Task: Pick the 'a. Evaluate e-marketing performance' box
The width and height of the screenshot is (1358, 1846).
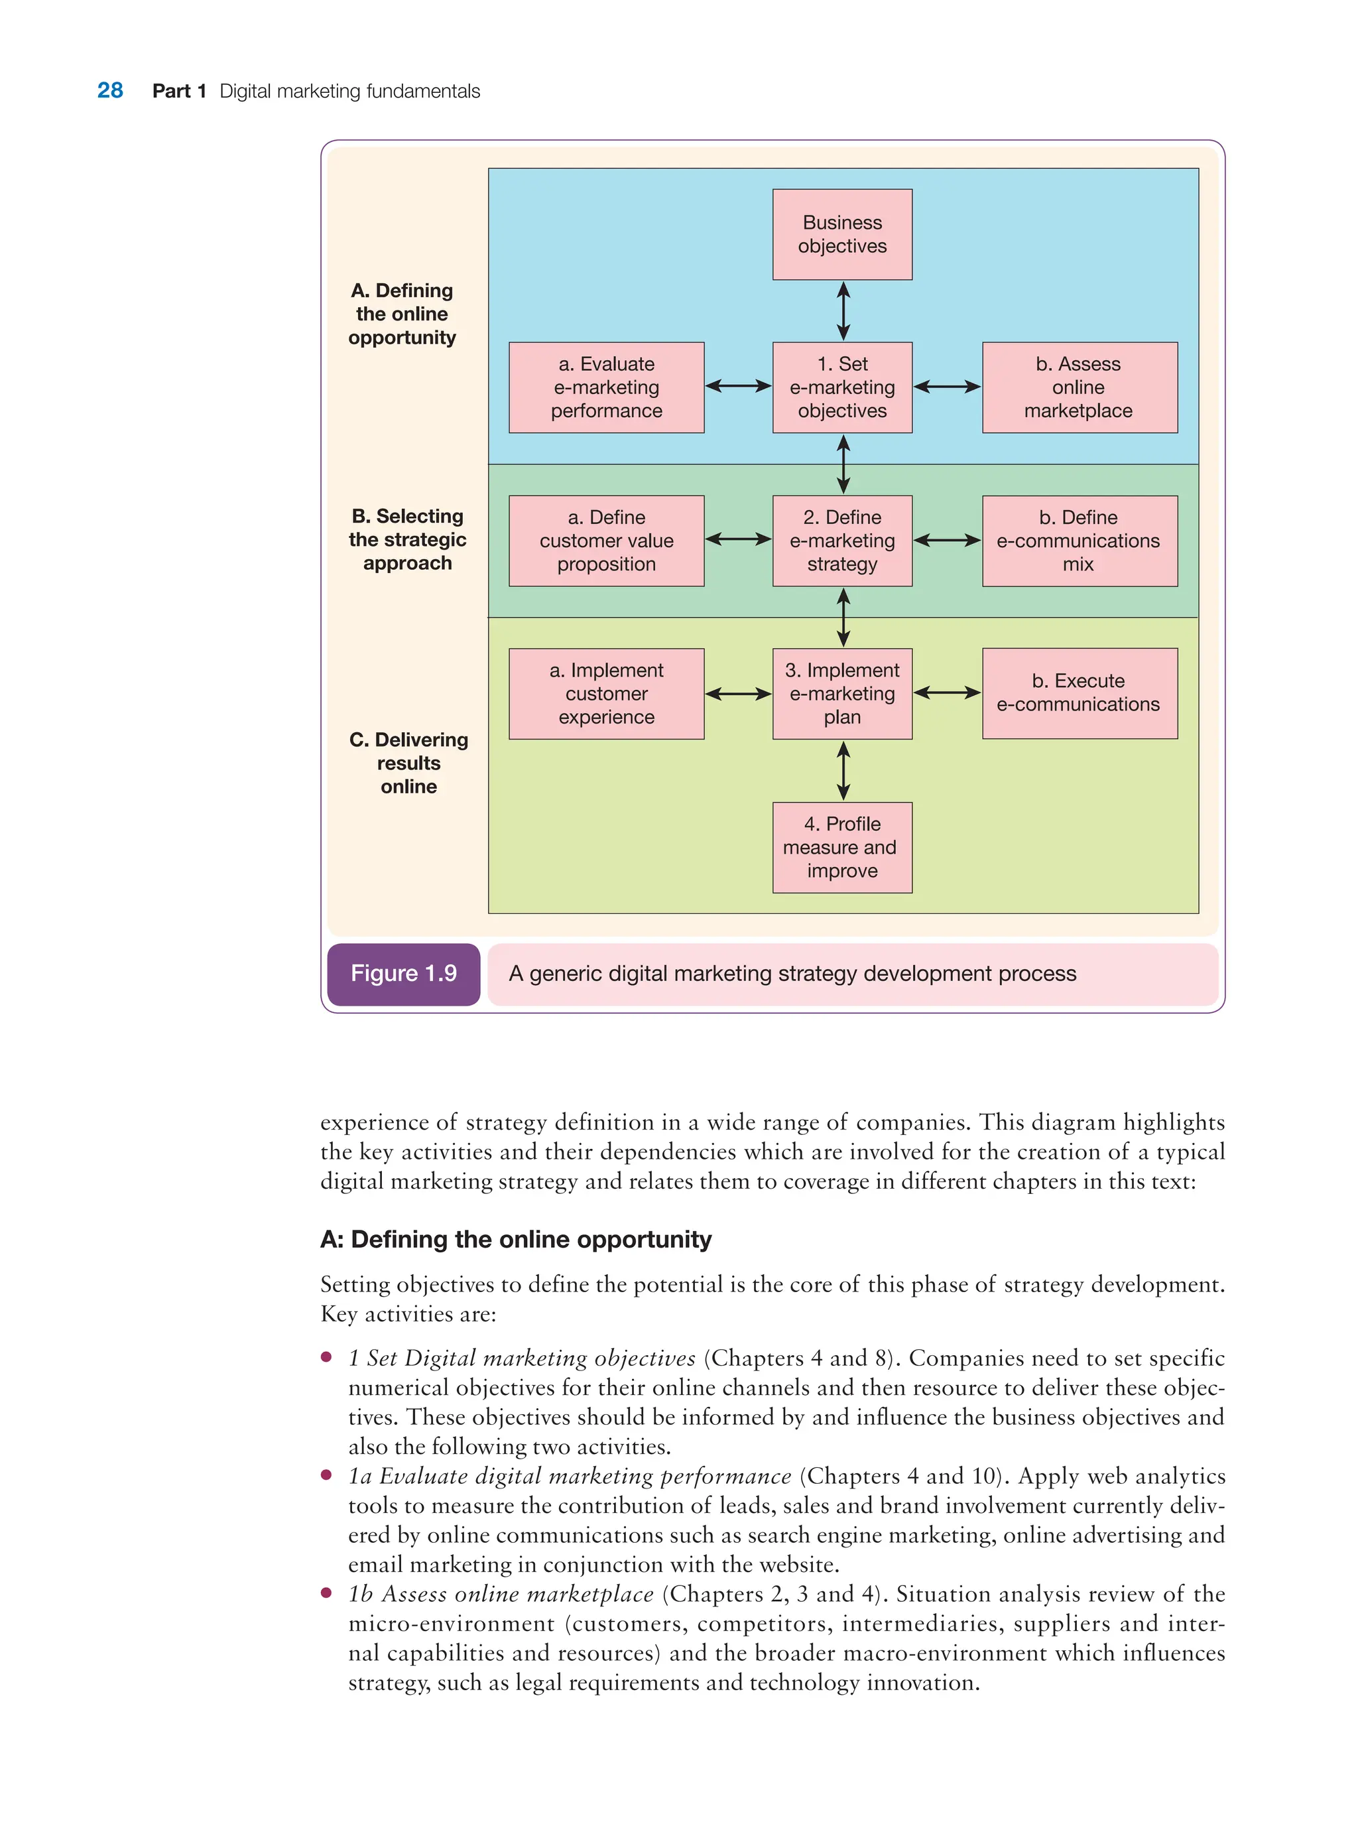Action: point(606,387)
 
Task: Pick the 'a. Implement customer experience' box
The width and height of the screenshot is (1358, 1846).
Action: point(606,693)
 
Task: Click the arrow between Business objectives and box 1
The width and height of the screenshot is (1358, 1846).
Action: point(843,311)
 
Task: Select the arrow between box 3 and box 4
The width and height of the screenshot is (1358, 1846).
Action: point(843,771)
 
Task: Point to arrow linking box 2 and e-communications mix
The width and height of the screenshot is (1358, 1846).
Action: point(947,540)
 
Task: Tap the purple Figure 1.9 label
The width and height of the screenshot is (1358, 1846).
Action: point(404,974)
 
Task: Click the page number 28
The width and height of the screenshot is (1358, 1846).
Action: point(110,90)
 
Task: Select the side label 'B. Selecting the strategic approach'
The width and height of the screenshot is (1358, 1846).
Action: point(407,539)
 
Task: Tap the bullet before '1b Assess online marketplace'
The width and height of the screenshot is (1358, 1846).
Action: point(326,1593)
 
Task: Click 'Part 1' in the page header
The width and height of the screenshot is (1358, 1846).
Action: point(178,92)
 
